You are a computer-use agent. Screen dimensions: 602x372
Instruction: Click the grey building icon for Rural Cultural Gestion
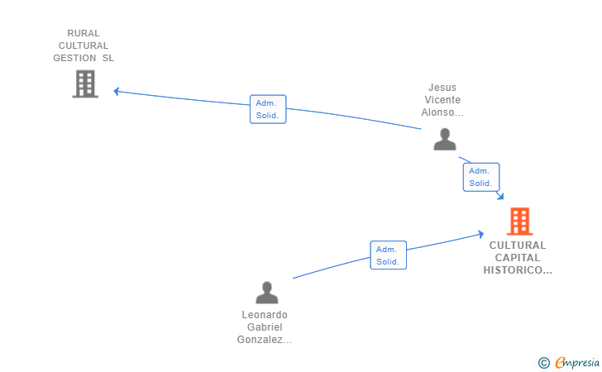(85, 83)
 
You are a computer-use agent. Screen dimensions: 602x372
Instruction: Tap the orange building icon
(520, 221)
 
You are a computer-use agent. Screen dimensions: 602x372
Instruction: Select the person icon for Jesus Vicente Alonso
(445, 140)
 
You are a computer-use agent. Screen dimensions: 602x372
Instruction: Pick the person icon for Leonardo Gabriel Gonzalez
(267, 293)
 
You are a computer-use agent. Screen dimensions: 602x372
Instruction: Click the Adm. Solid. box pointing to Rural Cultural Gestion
(268, 109)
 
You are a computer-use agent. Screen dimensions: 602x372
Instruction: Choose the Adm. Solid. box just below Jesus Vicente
(481, 177)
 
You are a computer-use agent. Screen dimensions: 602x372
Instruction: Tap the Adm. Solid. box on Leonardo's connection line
(388, 255)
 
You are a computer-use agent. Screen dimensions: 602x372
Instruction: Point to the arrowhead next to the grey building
(117, 92)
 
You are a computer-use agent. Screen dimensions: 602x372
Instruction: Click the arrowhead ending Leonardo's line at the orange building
(480, 234)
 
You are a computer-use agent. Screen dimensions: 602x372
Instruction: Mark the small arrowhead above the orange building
(499, 196)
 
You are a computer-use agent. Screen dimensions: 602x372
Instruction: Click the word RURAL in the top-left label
(84, 33)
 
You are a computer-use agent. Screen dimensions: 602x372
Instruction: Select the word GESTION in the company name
(74, 58)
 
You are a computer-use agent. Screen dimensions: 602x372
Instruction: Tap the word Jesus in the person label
(442, 88)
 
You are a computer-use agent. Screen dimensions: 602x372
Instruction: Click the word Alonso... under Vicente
(442, 112)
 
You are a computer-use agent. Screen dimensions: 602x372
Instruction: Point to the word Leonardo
(265, 315)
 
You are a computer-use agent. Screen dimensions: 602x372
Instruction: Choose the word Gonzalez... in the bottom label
(265, 340)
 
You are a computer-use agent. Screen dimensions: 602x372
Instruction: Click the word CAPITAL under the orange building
(518, 258)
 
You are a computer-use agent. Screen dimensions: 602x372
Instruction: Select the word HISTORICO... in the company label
(518, 269)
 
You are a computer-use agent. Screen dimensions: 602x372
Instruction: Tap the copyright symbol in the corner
(543, 362)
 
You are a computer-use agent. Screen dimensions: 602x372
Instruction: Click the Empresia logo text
(577, 362)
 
